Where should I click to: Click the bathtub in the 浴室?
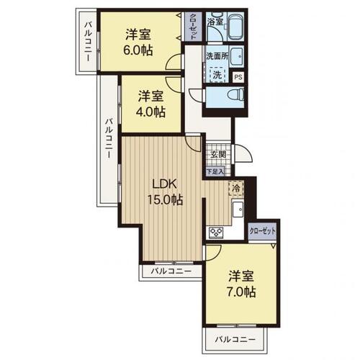coord(235,27)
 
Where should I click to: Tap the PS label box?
coord(238,77)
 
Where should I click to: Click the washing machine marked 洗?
coord(217,75)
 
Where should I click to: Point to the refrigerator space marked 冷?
coord(236,188)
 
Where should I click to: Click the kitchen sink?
coord(238,210)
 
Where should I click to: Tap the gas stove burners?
coord(216,233)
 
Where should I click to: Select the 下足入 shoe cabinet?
coord(215,171)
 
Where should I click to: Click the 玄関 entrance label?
coord(218,155)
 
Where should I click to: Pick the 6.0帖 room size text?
coord(138,50)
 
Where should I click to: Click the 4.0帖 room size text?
coord(150,112)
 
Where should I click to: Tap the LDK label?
coord(165,184)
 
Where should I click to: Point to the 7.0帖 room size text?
coord(241,292)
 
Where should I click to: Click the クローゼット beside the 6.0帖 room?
coord(193,27)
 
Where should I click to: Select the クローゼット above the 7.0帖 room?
coord(262,231)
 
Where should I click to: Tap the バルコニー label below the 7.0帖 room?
coord(235,340)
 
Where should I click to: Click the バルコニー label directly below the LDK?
coord(171,271)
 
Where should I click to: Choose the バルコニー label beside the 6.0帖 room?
coord(88,41)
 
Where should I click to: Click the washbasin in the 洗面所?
coord(237,56)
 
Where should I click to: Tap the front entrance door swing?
coord(243,154)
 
